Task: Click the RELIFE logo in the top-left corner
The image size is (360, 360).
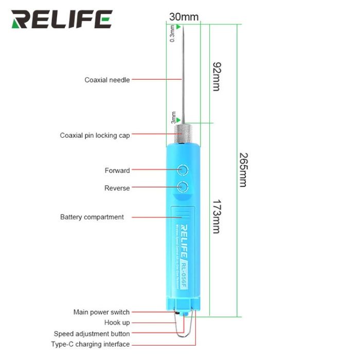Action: coord(62,20)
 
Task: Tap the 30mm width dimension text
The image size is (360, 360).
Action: coord(184,17)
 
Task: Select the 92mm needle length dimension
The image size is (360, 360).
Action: coord(216,76)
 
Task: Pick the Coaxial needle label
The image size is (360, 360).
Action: coord(107,80)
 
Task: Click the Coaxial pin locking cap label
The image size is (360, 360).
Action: coord(95,135)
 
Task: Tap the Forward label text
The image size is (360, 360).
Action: coord(117,170)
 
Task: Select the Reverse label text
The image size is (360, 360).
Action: coord(117,188)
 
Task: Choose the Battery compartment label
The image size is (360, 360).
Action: coord(92,217)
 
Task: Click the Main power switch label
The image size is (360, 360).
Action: coord(101,312)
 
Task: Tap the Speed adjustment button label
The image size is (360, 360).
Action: coord(92,334)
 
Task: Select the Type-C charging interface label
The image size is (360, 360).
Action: coord(90,344)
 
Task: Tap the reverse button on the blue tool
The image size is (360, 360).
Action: coord(183,187)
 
